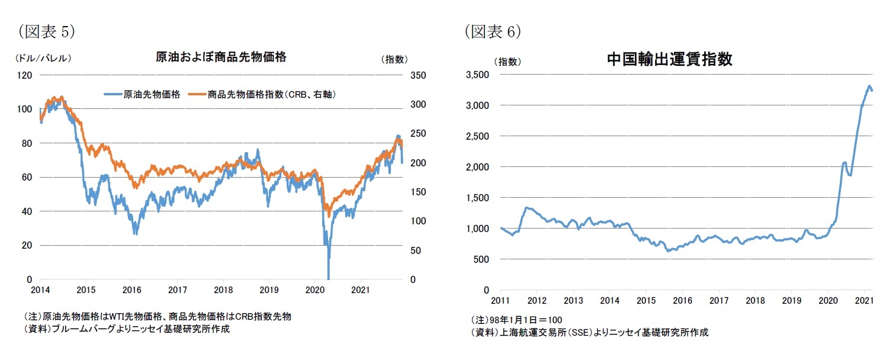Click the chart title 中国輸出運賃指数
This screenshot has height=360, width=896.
coord(669,59)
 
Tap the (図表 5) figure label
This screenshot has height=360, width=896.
coord(46,31)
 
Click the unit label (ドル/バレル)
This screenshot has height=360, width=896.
coord(42,59)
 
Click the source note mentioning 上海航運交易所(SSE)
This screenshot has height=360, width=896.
coord(589,333)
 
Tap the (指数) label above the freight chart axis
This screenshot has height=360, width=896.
coord(507,60)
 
